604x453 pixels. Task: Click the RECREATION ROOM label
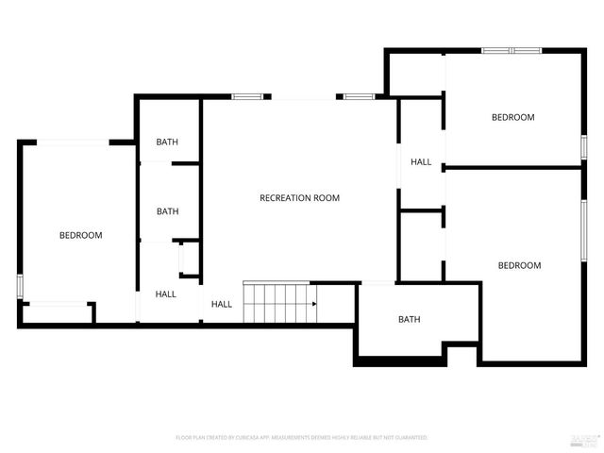coord(299,198)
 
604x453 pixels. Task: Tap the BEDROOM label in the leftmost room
coord(80,235)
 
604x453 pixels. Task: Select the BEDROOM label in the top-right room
coord(512,117)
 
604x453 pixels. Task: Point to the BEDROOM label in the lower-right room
coord(519,265)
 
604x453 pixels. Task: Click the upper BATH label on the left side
coord(167,143)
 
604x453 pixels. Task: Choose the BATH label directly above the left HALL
coord(167,211)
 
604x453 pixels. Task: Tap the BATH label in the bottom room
coord(409,319)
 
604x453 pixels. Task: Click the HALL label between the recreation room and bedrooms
coord(421,162)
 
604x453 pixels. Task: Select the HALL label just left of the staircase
coord(222,304)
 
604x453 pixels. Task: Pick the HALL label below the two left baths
coord(166,294)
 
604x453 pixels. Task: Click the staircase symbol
coord(280,303)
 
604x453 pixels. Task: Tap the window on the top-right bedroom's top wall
coord(511,50)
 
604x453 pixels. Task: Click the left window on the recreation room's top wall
coord(247,96)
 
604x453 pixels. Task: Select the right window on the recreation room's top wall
coord(358,96)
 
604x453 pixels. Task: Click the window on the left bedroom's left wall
coord(19,286)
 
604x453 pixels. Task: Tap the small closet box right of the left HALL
coord(189,260)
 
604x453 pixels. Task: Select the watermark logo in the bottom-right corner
coord(585,439)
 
